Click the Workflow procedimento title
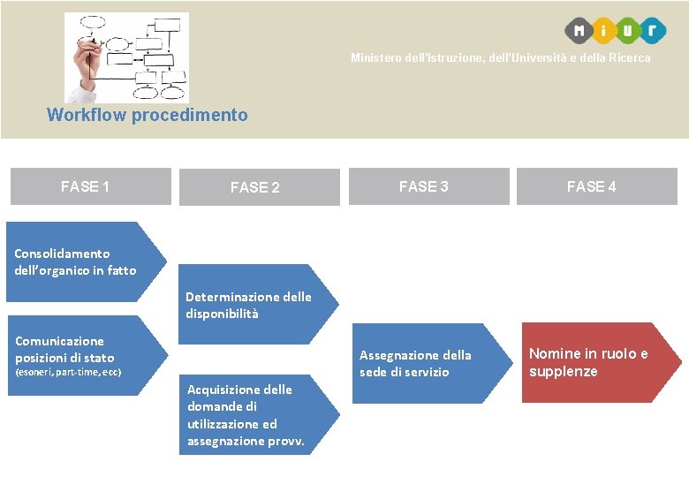(x=148, y=115)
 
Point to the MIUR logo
(x=616, y=30)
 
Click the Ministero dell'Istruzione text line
(x=500, y=58)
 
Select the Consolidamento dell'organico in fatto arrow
(x=84, y=261)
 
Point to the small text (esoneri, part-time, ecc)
(x=68, y=373)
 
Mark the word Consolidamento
(x=62, y=254)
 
